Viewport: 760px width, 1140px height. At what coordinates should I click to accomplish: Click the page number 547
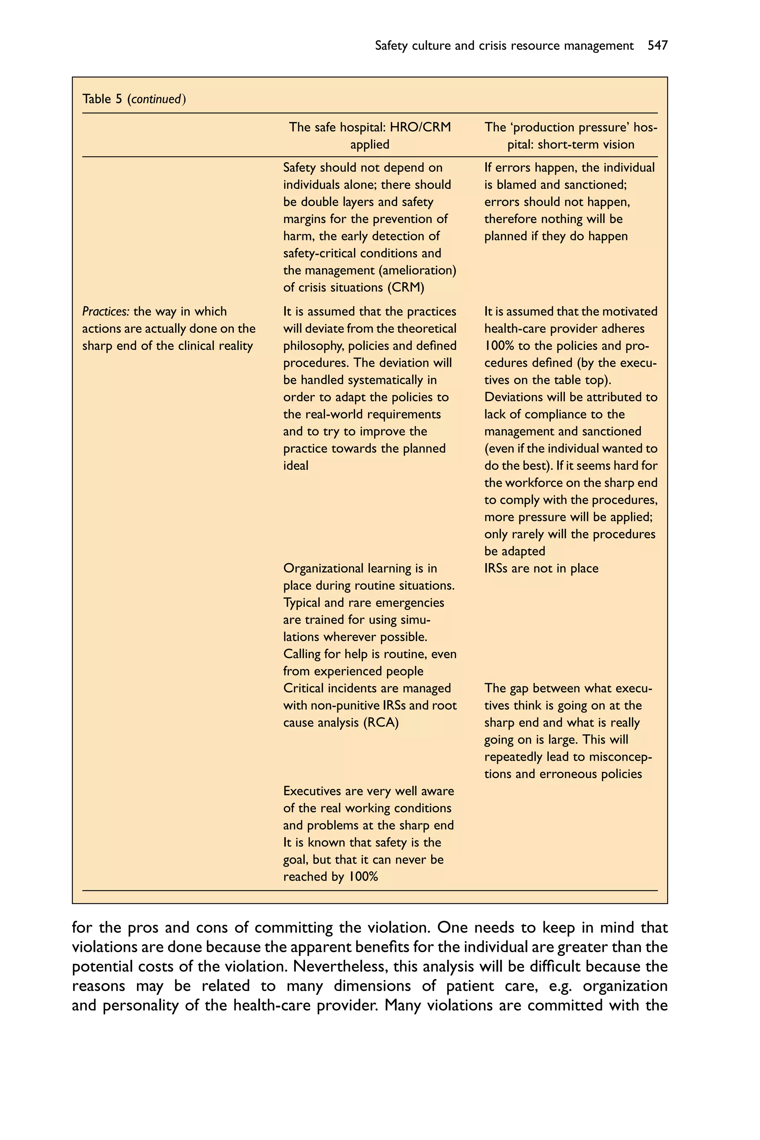point(657,46)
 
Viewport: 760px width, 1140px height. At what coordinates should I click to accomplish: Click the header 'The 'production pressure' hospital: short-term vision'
point(570,136)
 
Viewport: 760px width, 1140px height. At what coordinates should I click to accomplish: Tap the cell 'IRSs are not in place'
point(541,568)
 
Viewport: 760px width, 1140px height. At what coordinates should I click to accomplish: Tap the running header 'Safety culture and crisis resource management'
point(504,46)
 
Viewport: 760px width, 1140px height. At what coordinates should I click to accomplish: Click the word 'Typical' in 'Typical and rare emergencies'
point(299,603)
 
